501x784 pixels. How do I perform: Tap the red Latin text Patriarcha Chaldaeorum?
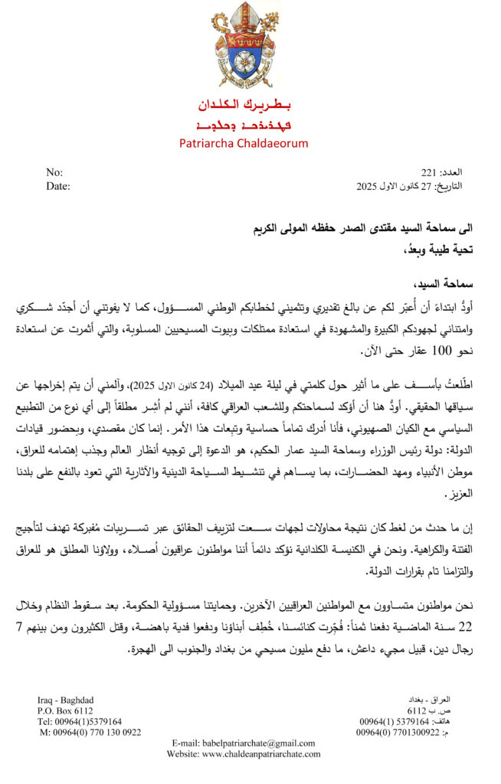244,143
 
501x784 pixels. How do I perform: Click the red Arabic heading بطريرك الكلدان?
244,103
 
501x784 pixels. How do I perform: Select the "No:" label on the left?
54,173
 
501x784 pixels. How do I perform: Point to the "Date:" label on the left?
58,186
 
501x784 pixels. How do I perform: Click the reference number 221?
429,173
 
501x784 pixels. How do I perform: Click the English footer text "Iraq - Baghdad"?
67,700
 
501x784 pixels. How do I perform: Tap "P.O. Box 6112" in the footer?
66,710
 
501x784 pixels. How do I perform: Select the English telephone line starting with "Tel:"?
80,721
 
